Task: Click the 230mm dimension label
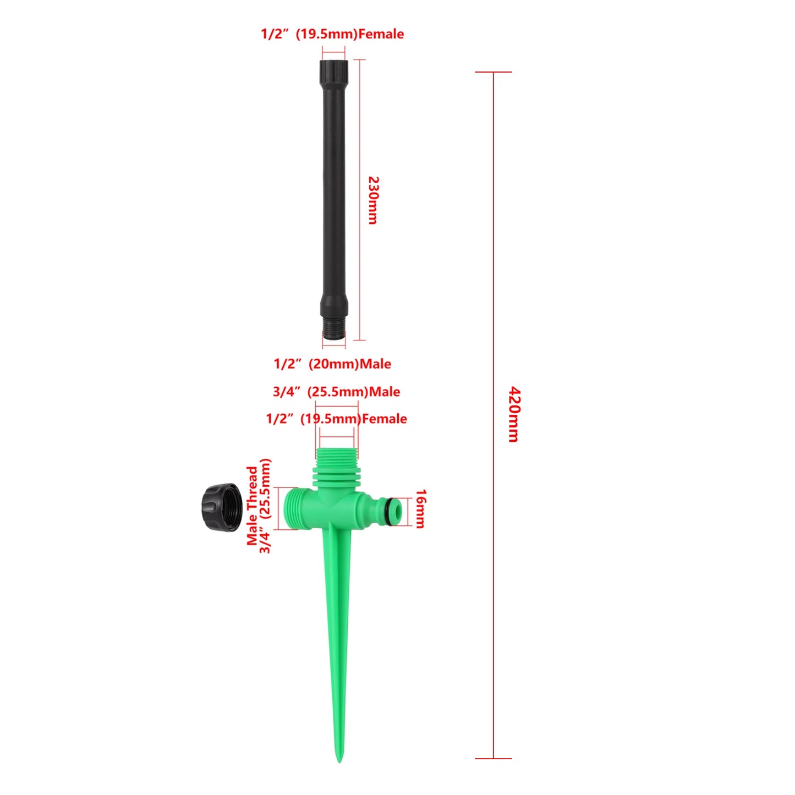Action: click(372, 200)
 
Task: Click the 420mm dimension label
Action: click(513, 414)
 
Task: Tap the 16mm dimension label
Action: click(420, 509)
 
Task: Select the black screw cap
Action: click(222, 507)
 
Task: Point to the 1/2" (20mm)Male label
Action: click(332, 364)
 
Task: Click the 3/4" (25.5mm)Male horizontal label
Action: click(336, 392)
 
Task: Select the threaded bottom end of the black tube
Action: click(334, 331)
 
